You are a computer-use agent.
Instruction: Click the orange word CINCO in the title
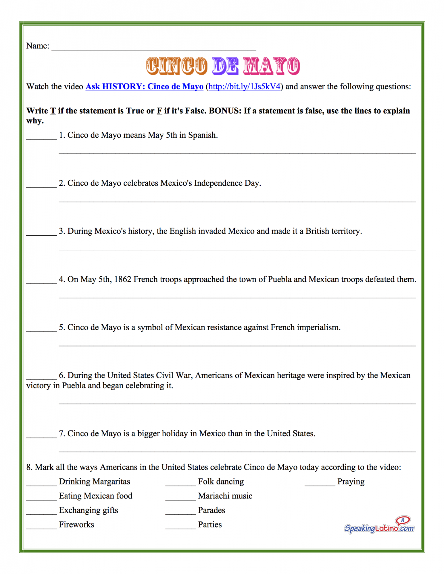(x=176, y=66)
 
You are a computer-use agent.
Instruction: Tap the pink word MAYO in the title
(x=271, y=66)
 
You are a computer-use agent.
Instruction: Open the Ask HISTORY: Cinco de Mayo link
(x=144, y=86)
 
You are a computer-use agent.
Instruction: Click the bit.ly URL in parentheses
(x=244, y=86)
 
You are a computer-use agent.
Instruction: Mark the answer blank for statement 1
(x=42, y=137)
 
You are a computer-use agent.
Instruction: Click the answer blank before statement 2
(x=42, y=185)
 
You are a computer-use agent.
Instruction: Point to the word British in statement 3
(x=317, y=231)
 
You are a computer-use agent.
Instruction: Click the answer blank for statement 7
(x=42, y=436)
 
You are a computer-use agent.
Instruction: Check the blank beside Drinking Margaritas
(x=42, y=484)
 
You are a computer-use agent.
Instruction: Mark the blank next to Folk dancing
(x=180, y=484)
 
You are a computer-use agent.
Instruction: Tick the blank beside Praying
(x=320, y=484)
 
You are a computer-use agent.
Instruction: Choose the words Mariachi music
(x=225, y=496)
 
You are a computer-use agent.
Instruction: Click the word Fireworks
(x=76, y=524)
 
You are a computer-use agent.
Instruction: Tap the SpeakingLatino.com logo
(x=379, y=525)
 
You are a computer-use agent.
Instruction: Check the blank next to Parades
(x=180, y=512)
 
